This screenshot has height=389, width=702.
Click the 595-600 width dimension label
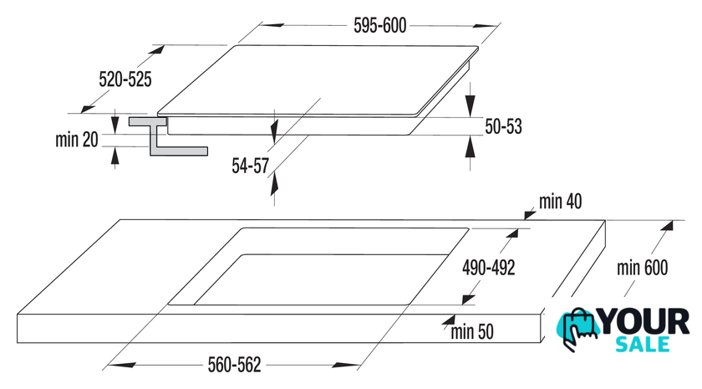pyautogui.click(x=379, y=26)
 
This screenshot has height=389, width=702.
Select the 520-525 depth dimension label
pyautogui.click(x=125, y=79)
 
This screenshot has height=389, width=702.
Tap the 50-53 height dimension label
pyautogui.click(x=503, y=126)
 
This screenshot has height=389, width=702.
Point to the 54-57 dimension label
pyautogui.click(x=250, y=166)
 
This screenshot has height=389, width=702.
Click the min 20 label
pyautogui.click(x=77, y=140)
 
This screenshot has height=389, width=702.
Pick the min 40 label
pyautogui.click(x=560, y=202)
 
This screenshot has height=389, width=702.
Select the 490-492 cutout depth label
pyautogui.click(x=488, y=268)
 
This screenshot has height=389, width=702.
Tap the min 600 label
pyautogui.click(x=642, y=268)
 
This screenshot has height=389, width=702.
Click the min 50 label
pyautogui.click(x=472, y=332)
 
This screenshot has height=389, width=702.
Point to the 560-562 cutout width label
pyautogui.click(x=234, y=365)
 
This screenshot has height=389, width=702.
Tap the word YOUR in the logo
pyautogui.click(x=643, y=321)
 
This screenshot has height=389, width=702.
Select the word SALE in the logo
pyautogui.click(x=643, y=344)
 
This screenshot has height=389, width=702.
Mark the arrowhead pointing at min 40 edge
pyautogui.click(x=529, y=215)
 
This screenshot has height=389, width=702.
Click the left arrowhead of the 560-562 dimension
pyautogui.click(x=122, y=366)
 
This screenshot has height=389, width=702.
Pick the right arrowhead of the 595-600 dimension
pyautogui.click(x=486, y=26)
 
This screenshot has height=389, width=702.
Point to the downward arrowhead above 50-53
pyautogui.click(x=470, y=105)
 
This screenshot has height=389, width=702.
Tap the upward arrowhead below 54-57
pyautogui.click(x=274, y=184)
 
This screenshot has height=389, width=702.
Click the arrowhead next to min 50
pyautogui.click(x=448, y=320)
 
